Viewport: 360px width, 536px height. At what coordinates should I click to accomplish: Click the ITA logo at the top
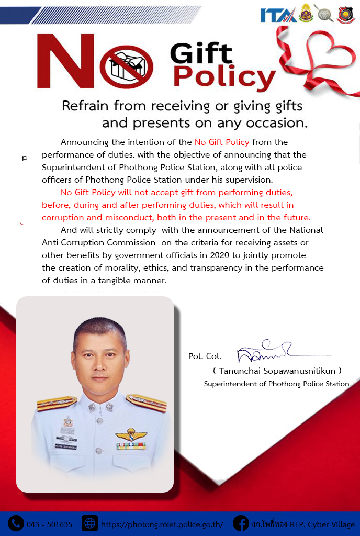278,14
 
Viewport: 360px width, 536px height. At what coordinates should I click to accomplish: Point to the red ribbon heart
319,58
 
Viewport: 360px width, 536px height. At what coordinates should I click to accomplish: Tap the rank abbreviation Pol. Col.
205,356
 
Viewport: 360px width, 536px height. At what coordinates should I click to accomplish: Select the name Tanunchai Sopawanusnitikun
277,371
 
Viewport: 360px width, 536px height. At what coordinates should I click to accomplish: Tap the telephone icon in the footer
16,523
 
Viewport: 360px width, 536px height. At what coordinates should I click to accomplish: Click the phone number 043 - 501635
49,524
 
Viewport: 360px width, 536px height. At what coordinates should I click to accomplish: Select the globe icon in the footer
90,523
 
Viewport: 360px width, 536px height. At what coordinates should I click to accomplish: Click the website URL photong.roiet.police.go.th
162,524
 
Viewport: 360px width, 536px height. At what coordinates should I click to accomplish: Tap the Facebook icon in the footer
241,523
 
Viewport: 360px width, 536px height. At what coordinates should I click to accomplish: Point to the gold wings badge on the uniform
130,435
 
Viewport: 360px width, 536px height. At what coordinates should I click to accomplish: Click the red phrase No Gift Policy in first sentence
222,142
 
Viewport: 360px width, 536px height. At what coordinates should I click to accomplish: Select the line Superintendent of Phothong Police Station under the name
276,384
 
